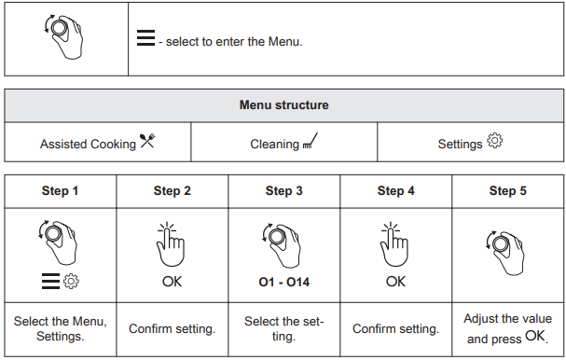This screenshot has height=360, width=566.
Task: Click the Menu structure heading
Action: tap(284, 105)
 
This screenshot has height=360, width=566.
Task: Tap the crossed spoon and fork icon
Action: tap(147, 141)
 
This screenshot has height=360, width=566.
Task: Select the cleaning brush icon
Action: tap(311, 141)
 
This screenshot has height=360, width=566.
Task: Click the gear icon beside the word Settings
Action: tap(494, 140)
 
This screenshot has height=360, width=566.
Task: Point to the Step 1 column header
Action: tap(60, 190)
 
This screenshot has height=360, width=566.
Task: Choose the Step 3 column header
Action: tap(284, 190)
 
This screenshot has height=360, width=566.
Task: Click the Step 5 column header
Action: tap(508, 190)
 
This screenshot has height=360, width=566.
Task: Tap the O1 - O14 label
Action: tap(284, 282)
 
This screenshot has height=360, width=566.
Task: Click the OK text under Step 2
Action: tap(172, 282)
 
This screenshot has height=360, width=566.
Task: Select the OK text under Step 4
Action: tap(395, 282)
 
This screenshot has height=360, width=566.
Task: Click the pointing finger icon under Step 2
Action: tap(171, 244)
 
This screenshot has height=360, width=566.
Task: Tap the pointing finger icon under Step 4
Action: tap(394, 244)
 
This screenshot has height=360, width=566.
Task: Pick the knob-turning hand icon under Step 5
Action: tap(505, 253)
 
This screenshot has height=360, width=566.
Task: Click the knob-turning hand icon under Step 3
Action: tap(282, 245)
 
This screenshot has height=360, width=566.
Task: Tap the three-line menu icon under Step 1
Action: tap(50, 282)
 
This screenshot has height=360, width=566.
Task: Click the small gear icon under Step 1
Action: tap(71, 282)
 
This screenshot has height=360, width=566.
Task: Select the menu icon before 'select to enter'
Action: tap(145, 38)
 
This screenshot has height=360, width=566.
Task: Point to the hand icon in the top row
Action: tap(63, 36)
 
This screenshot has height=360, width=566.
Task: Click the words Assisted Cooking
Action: tap(88, 144)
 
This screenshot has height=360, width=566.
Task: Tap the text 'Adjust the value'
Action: tap(508, 318)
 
